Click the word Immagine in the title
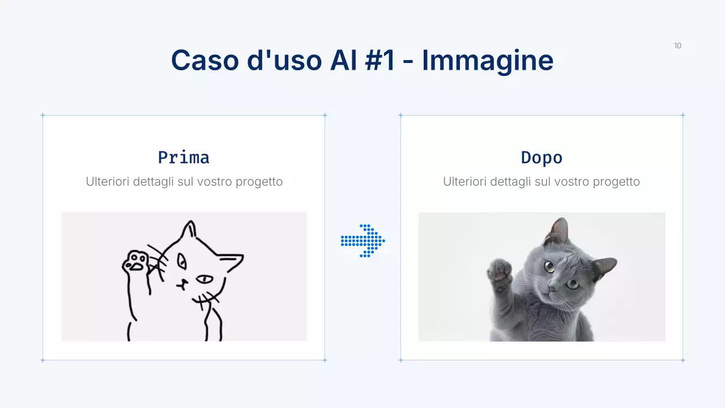coord(487,60)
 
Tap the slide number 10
coord(677,46)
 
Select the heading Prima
coord(184,157)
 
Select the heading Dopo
coord(541,157)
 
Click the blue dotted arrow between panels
coord(363,241)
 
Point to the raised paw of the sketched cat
coord(135,261)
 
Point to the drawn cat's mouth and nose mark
coord(182,284)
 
